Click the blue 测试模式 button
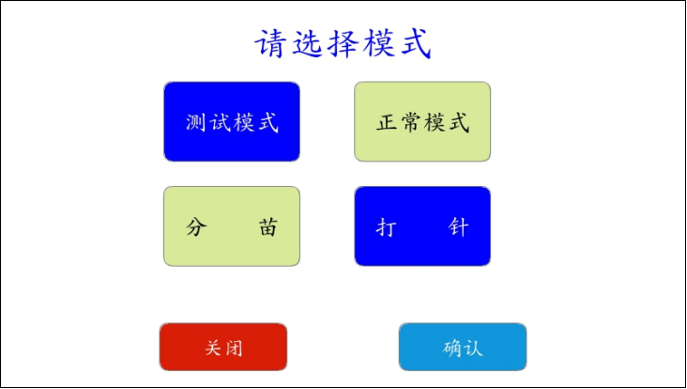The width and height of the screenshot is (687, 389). point(232,121)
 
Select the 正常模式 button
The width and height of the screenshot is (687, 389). point(422,121)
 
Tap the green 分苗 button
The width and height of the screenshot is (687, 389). point(232,226)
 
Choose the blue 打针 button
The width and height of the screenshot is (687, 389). point(422,226)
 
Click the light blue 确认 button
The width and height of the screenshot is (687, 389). point(463,347)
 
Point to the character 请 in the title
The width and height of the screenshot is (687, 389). point(271,44)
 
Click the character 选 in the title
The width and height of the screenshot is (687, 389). point(307,44)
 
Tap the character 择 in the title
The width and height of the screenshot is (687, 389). point(343,44)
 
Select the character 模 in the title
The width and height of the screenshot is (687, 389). point(378,44)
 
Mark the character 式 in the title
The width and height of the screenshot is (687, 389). point(415,44)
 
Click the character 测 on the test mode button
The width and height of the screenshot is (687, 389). point(196,122)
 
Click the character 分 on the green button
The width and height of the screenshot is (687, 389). point(196,227)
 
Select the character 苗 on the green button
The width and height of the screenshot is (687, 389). point(267,227)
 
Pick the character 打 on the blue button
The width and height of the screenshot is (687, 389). point(387,227)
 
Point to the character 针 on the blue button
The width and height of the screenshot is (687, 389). point(458,227)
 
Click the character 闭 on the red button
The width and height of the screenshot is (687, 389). point(234,349)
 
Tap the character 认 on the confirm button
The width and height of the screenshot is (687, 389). point(474,349)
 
